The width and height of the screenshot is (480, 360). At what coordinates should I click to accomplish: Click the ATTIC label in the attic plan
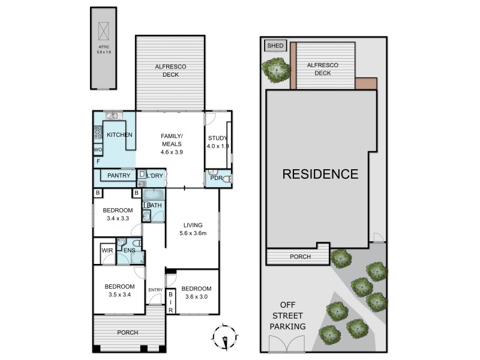coord(104,47)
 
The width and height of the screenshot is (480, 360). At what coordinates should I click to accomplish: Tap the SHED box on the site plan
coord(275,46)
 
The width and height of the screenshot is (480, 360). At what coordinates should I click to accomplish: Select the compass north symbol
coord(225,337)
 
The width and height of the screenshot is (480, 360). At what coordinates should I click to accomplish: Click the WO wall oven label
coord(98,149)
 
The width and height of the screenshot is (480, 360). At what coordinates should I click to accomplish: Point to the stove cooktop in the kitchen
coord(98,132)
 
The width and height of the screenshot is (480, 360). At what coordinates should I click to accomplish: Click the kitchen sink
coord(112,116)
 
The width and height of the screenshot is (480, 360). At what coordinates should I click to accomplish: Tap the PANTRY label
coord(119,175)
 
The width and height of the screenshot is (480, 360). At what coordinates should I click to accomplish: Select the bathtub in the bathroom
coord(154,194)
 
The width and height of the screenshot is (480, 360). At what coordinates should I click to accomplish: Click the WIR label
coord(107,250)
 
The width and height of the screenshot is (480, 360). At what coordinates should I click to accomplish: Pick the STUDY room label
coord(218,138)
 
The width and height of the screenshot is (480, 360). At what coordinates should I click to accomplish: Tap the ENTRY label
coord(155,290)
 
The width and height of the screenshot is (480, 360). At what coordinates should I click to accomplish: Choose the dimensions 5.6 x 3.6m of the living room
coord(193,233)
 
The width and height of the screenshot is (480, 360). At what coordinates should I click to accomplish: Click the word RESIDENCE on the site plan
coord(320,174)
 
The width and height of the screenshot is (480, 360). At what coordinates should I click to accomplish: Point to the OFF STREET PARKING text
coord(288,316)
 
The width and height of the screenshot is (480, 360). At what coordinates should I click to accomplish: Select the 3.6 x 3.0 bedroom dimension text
coord(197,296)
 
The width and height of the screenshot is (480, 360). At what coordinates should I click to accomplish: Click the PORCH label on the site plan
coord(301,257)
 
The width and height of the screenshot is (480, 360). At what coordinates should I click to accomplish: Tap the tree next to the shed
coord(276,70)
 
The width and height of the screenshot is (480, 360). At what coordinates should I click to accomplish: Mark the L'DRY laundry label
coord(155,175)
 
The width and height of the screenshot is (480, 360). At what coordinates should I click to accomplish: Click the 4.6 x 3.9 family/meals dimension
coord(172,152)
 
